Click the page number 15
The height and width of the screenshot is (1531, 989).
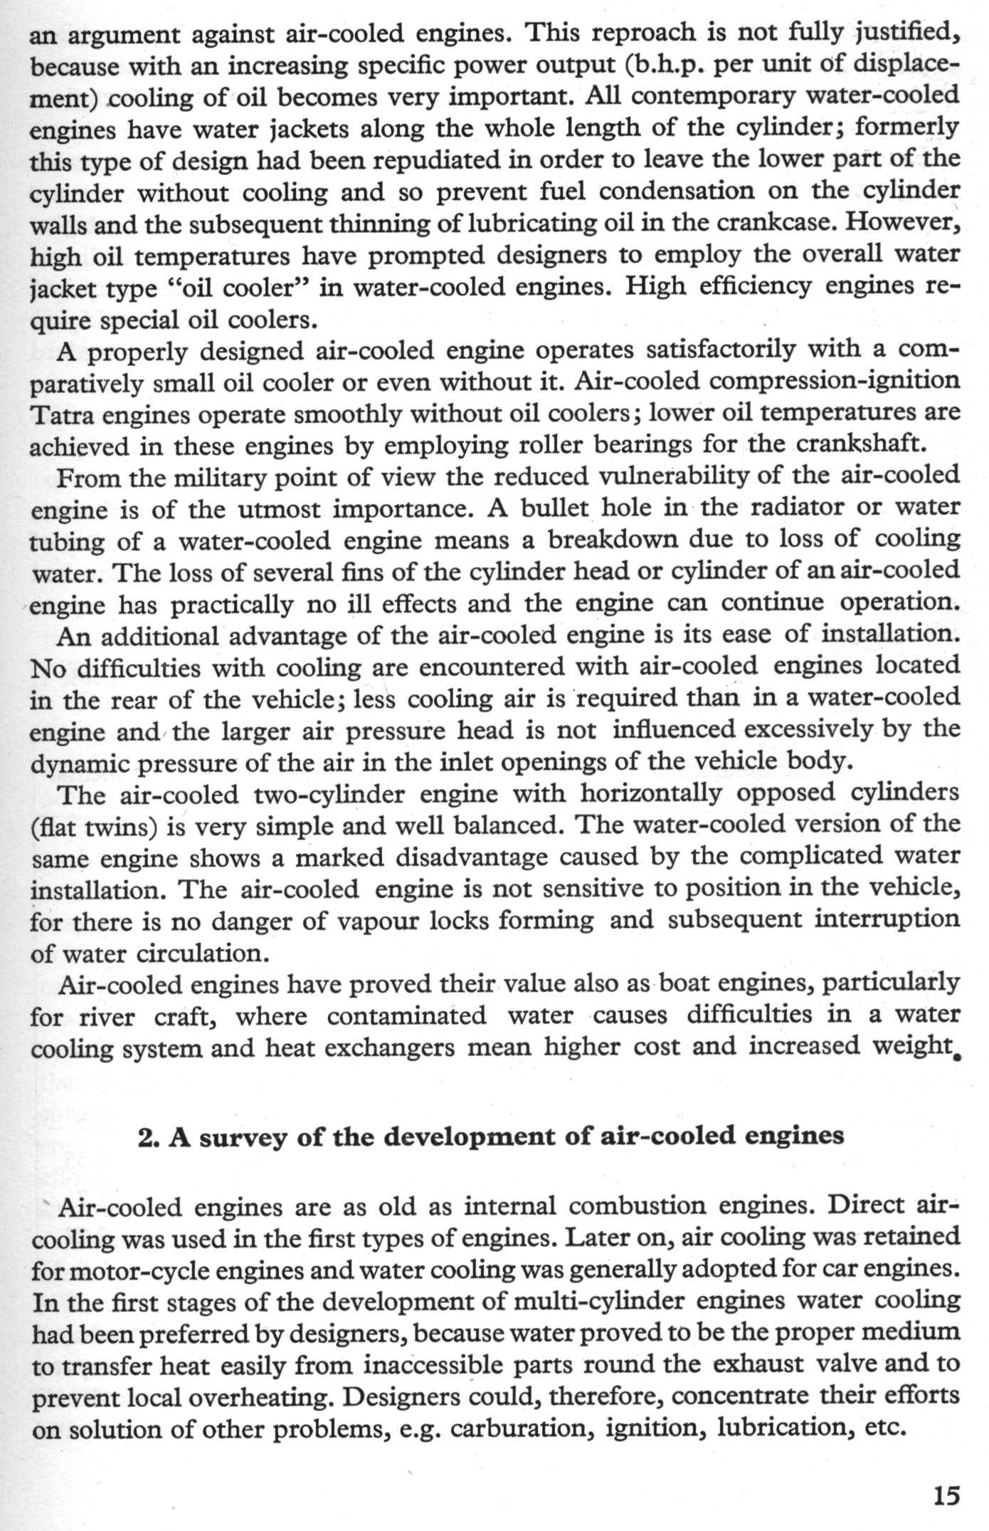pos(946,1493)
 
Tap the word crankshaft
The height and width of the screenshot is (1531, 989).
pos(862,446)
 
